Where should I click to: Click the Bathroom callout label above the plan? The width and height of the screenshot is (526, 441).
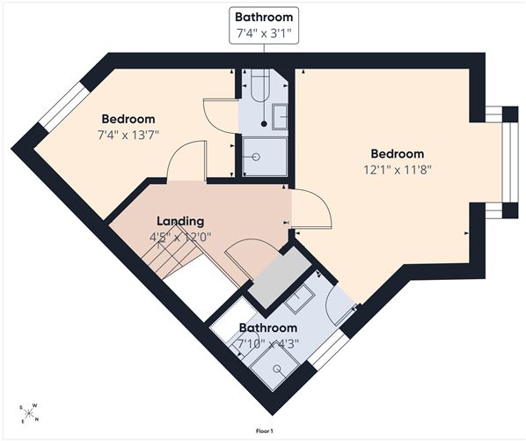click(264, 26)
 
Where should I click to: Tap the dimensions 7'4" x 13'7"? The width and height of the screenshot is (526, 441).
click(128, 136)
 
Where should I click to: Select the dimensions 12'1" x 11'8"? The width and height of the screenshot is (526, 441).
click(398, 170)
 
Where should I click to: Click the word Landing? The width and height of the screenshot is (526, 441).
click(180, 222)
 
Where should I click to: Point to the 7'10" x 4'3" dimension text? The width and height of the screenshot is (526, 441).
click(268, 343)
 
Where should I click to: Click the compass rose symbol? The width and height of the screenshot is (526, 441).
click(29, 413)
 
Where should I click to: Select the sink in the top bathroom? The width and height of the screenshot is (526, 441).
click(280, 116)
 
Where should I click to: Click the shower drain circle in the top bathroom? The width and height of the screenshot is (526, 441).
click(257, 157)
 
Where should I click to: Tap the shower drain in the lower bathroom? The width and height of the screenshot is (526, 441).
click(277, 369)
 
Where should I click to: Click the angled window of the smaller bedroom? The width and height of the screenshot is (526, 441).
click(63, 107)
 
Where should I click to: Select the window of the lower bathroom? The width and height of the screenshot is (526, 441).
click(329, 350)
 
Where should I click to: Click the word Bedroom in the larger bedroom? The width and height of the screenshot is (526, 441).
click(398, 154)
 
